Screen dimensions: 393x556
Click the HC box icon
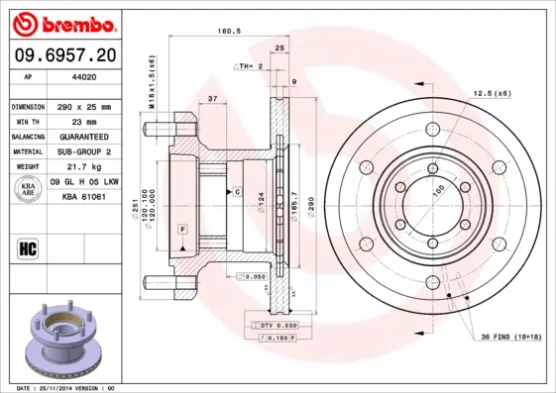coord(29,247)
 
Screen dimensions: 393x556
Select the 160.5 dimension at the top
coord(230,31)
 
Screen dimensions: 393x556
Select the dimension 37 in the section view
coord(213,98)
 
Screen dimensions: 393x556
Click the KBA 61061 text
coord(84,198)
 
